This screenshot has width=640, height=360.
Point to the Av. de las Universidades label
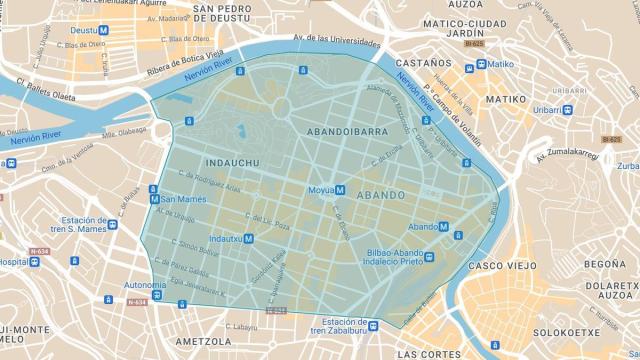(x=337, y=43)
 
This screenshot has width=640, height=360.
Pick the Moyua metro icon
(x=340, y=189)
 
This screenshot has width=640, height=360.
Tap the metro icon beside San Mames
(x=154, y=199)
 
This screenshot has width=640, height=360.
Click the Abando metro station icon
(x=445, y=227)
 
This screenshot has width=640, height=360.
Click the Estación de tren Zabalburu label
(x=337, y=327)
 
